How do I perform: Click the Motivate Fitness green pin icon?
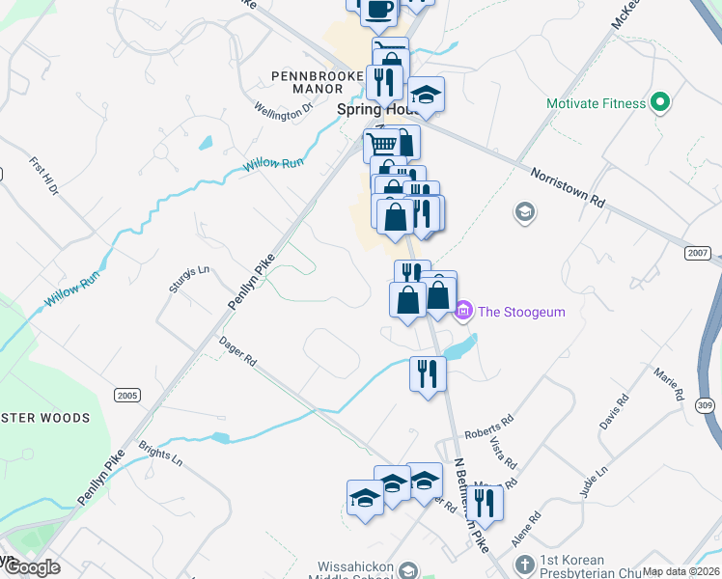661,102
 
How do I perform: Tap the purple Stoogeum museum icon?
463,311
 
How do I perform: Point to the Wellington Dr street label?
285,110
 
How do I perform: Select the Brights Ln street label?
160,454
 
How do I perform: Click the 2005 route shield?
126,395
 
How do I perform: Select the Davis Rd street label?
613,411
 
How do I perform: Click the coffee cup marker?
378,10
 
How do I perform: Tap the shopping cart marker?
382,145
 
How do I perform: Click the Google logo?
32,567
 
